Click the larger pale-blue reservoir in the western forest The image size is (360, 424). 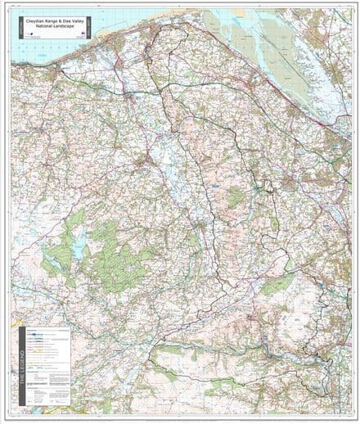point(80,243)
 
